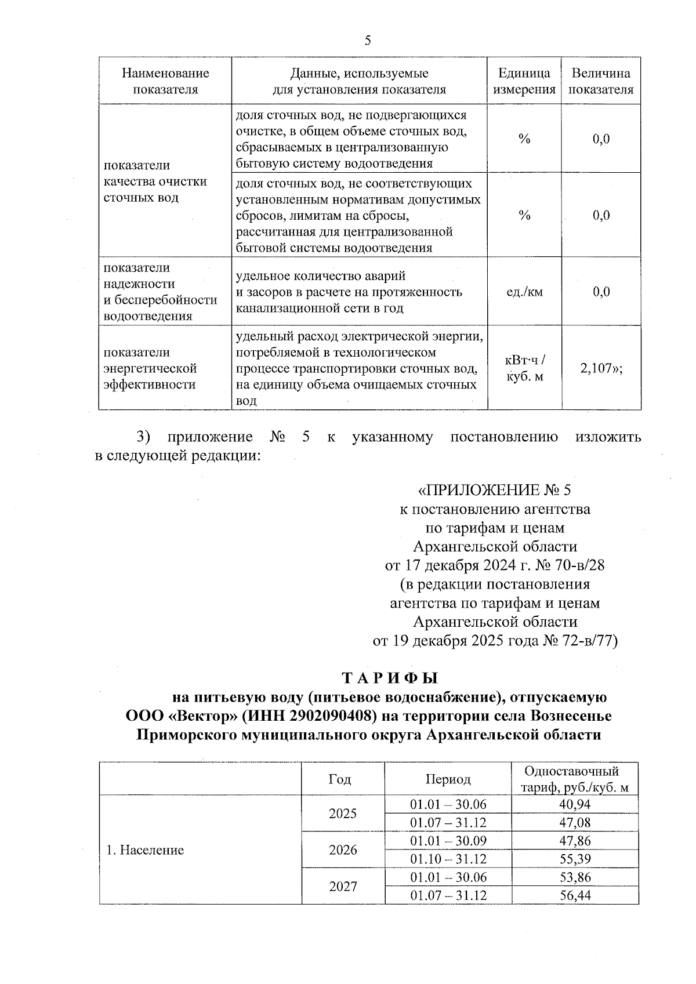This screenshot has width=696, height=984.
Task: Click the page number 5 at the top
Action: (x=367, y=41)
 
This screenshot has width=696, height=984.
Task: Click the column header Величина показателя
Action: (x=601, y=81)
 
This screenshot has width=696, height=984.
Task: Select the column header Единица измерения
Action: (x=524, y=81)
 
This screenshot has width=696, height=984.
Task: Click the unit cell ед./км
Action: (x=524, y=292)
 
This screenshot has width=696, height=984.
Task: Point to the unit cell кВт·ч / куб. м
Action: (x=524, y=369)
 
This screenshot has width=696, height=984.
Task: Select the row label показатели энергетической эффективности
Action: (x=150, y=369)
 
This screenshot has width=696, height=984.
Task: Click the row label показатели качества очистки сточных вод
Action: (x=155, y=181)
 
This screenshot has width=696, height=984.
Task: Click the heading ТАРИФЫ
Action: (x=390, y=678)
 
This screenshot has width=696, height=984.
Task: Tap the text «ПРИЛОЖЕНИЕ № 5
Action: (x=494, y=491)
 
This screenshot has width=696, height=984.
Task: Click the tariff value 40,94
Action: (x=575, y=804)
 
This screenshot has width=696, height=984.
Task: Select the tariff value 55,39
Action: (x=575, y=859)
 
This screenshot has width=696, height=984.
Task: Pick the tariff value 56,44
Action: (x=575, y=895)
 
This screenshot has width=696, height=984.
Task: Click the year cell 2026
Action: (x=343, y=850)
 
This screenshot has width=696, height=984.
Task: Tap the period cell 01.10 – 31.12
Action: (x=448, y=859)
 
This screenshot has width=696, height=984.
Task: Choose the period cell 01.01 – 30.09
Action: (x=448, y=841)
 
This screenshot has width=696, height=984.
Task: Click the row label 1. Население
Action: (x=144, y=850)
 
